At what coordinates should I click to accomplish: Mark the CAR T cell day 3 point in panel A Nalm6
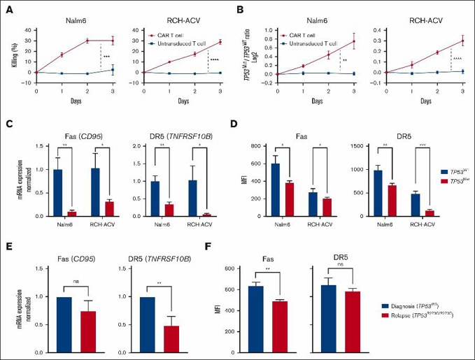[x=113, y=40]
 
